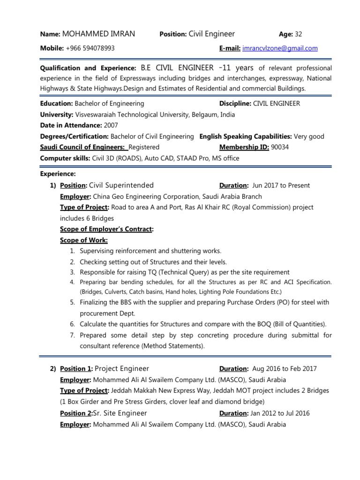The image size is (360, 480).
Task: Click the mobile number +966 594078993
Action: pyautogui.click(x=90, y=48)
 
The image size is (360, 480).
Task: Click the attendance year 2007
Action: pyautogui.click(x=111, y=125)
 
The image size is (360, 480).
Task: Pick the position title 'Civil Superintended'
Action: pyautogui.click(x=121, y=185)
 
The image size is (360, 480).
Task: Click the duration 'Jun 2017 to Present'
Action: pyautogui.click(x=281, y=186)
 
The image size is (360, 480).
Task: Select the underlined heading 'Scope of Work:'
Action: pyautogui.click(x=84, y=240)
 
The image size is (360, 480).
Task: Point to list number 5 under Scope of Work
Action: pyautogui.click(x=73, y=302)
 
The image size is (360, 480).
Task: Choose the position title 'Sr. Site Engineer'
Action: pyautogui.click(x=120, y=413)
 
